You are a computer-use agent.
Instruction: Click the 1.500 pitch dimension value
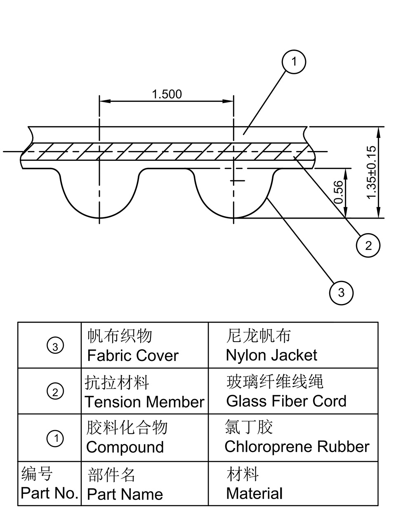[x=167, y=94]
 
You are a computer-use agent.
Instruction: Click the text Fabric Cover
[x=133, y=356]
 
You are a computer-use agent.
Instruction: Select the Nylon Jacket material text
[x=271, y=355]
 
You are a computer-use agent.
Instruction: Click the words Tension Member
[x=144, y=402]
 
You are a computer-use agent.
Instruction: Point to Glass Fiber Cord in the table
[x=286, y=401]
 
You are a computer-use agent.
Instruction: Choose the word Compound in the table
[x=125, y=448]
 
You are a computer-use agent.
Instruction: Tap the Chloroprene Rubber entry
[x=297, y=447]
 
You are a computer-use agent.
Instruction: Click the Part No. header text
[x=49, y=493]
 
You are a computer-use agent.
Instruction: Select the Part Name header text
[x=125, y=494]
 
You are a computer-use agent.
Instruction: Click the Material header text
[x=254, y=493]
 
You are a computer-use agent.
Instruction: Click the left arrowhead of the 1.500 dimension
[x=105, y=101]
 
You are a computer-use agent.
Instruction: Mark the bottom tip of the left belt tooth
[x=99, y=218]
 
